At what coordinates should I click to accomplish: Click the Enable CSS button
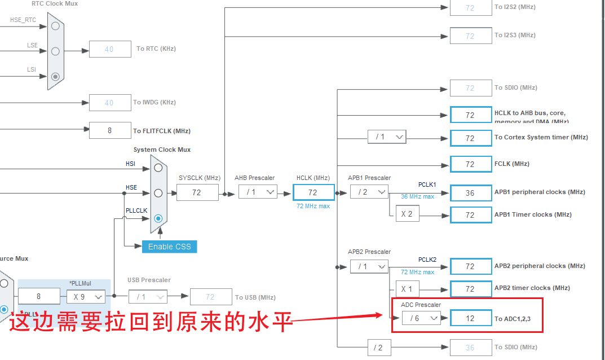click(169, 247)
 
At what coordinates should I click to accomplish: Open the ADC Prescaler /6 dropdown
click(421, 318)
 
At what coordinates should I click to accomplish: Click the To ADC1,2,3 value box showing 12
click(470, 318)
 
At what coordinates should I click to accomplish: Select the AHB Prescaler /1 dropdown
click(258, 192)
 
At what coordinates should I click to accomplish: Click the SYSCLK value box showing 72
click(197, 192)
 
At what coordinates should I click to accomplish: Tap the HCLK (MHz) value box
click(313, 192)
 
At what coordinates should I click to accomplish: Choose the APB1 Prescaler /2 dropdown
click(369, 192)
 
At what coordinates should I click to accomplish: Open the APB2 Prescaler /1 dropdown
click(369, 266)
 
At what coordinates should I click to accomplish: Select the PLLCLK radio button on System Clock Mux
click(158, 218)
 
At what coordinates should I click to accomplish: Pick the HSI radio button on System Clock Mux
click(158, 168)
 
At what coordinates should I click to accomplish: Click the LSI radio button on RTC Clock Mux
click(55, 77)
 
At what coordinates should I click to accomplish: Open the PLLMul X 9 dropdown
click(86, 296)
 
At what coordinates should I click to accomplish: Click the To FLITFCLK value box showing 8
click(109, 130)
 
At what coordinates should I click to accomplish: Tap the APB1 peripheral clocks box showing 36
click(470, 192)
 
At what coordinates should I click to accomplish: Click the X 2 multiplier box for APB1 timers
click(407, 214)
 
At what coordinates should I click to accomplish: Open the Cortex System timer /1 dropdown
click(387, 137)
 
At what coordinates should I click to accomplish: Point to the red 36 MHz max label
click(417, 196)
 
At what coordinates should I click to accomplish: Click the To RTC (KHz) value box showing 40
click(109, 49)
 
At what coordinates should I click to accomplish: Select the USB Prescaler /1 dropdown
click(148, 296)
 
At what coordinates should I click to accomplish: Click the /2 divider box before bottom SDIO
click(378, 347)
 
